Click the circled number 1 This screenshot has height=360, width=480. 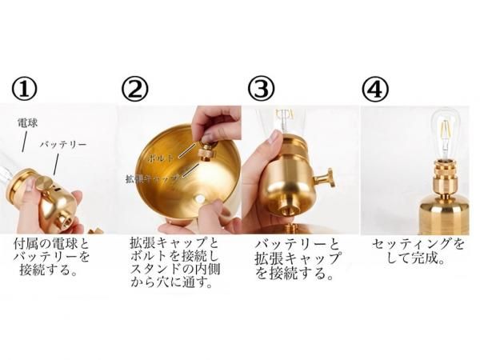point(22,88)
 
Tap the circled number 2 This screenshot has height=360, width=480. point(134,88)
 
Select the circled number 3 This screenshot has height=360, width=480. point(260,88)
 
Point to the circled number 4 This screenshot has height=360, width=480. point(374,88)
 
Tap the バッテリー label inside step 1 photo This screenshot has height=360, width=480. point(63,146)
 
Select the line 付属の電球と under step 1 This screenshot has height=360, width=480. point(52,243)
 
